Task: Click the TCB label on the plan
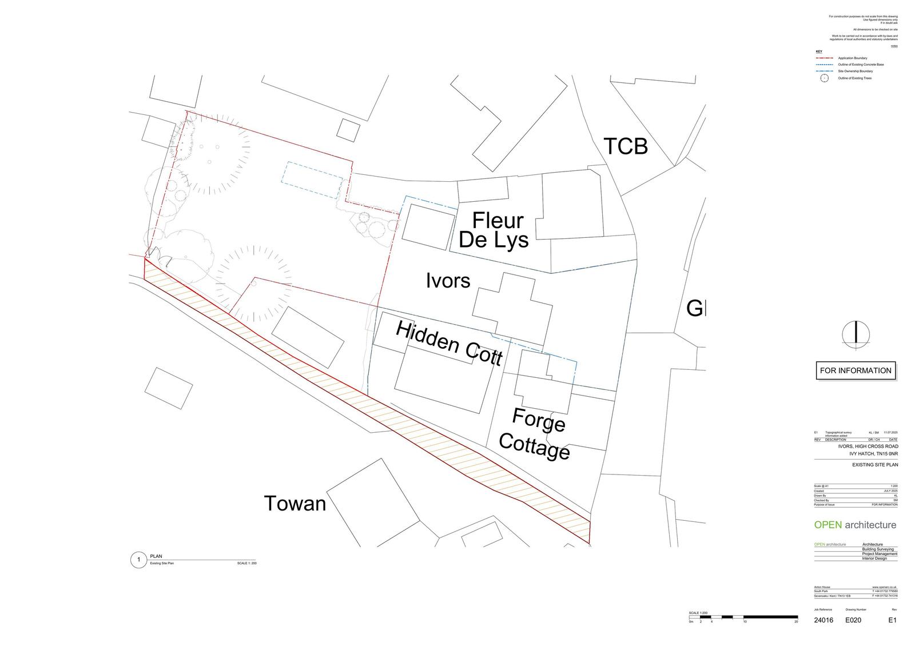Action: (x=626, y=146)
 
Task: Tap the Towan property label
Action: (x=295, y=503)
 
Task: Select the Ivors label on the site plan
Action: (x=448, y=280)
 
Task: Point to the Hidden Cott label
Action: (x=449, y=342)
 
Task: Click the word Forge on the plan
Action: (x=539, y=420)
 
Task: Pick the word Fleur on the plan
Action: (x=498, y=220)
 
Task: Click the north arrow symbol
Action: (x=856, y=334)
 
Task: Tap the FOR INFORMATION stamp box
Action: (x=856, y=370)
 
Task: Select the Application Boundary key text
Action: (x=852, y=58)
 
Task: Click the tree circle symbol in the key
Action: (x=824, y=78)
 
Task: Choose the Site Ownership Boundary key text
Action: (x=856, y=71)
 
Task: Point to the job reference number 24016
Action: (x=823, y=620)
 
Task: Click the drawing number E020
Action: (x=853, y=620)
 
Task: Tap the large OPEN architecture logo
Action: (x=855, y=525)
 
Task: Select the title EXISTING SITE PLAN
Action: (x=875, y=465)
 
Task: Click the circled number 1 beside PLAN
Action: (x=138, y=560)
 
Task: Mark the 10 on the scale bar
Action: (x=745, y=621)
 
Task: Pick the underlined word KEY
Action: (x=818, y=51)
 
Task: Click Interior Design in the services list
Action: (x=874, y=559)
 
